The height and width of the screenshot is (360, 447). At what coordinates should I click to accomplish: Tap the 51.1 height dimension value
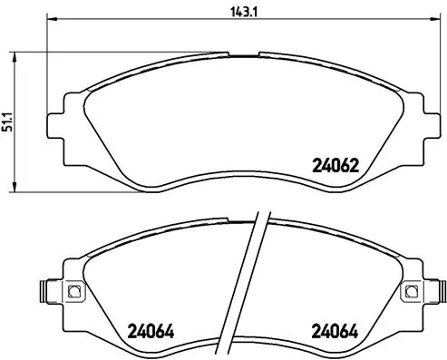point(9,121)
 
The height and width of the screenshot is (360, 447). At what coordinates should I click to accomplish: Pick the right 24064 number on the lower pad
point(335,330)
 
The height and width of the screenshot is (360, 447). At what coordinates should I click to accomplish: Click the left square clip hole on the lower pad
point(74,291)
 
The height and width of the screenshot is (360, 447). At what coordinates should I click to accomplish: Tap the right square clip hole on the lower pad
point(411,291)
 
